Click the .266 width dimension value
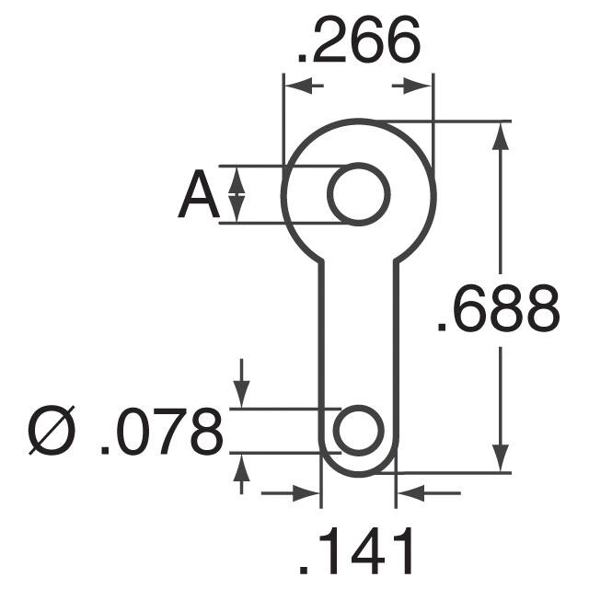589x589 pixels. point(357,41)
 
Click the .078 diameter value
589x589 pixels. point(162,432)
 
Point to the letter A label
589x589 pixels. point(198,195)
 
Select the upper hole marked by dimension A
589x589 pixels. point(359,194)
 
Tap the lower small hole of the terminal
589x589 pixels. point(358,430)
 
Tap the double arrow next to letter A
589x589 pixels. point(237,194)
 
